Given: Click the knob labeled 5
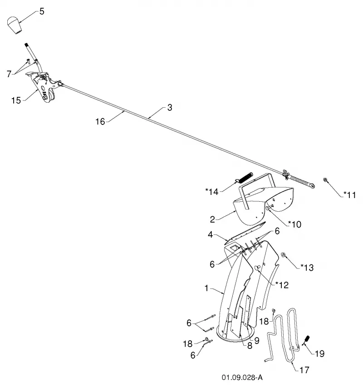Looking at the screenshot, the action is pyautogui.click(x=14, y=25).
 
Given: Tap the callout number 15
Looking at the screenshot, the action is pyautogui.click(x=16, y=100).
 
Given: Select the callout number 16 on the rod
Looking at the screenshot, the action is pyautogui.click(x=100, y=121).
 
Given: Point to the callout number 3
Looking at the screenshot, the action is pyautogui.click(x=170, y=108).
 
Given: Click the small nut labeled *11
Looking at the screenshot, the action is pyautogui.click(x=325, y=179).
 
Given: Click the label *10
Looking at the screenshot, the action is pyautogui.click(x=295, y=224).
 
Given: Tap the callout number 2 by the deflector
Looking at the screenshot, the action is pyautogui.click(x=212, y=219).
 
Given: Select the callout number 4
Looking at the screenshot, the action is pyautogui.click(x=210, y=234).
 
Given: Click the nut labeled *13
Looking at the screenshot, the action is pyautogui.click(x=284, y=254).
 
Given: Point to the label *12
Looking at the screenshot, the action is pyautogui.click(x=282, y=285).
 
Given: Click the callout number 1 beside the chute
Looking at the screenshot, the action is pyautogui.click(x=206, y=289).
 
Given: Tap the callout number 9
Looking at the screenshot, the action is pyautogui.click(x=257, y=341).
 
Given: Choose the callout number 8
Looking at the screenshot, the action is pyautogui.click(x=250, y=346).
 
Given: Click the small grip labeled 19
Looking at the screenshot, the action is pyautogui.click(x=307, y=340).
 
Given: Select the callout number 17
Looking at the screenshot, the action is pyautogui.click(x=304, y=370).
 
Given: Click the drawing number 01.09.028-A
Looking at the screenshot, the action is pyautogui.click(x=242, y=378).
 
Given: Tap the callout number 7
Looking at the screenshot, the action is pyautogui.click(x=9, y=74).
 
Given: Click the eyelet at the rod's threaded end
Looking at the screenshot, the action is pyautogui.click(x=312, y=185).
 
